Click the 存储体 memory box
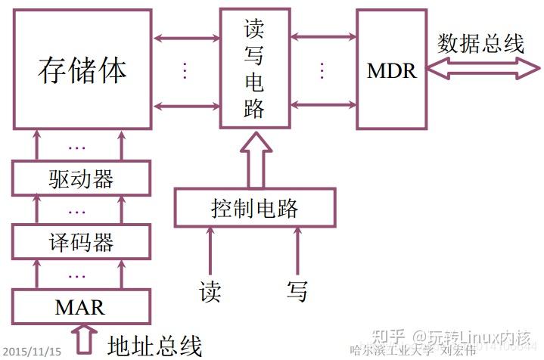pos(82,70)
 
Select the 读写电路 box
pos(254,68)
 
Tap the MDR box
pos(391,70)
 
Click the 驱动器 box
pos(81,179)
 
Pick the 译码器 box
pos(81,243)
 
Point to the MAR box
pos(80,307)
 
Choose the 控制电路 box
pos(254,207)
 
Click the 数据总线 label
pos(480,43)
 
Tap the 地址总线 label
pos(154,345)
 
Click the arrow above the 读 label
pos(211,250)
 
